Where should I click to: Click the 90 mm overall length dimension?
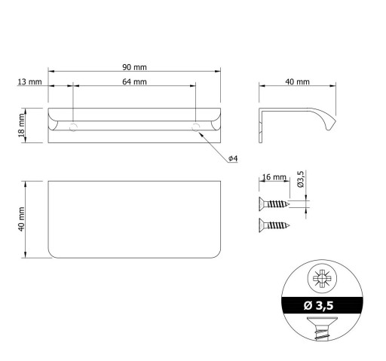click(134, 67)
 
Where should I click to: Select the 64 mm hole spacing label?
click(134, 82)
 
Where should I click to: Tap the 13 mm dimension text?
click(29, 82)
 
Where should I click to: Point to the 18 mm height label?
click(21, 126)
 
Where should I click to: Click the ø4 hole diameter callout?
click(233, 158)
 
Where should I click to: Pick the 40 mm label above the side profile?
click(298, 82)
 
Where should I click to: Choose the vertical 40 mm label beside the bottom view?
click(21, 219)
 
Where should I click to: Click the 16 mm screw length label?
click(274, 177)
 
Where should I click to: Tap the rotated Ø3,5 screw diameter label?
click(301, 179)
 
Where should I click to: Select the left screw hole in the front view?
click(73, 127)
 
